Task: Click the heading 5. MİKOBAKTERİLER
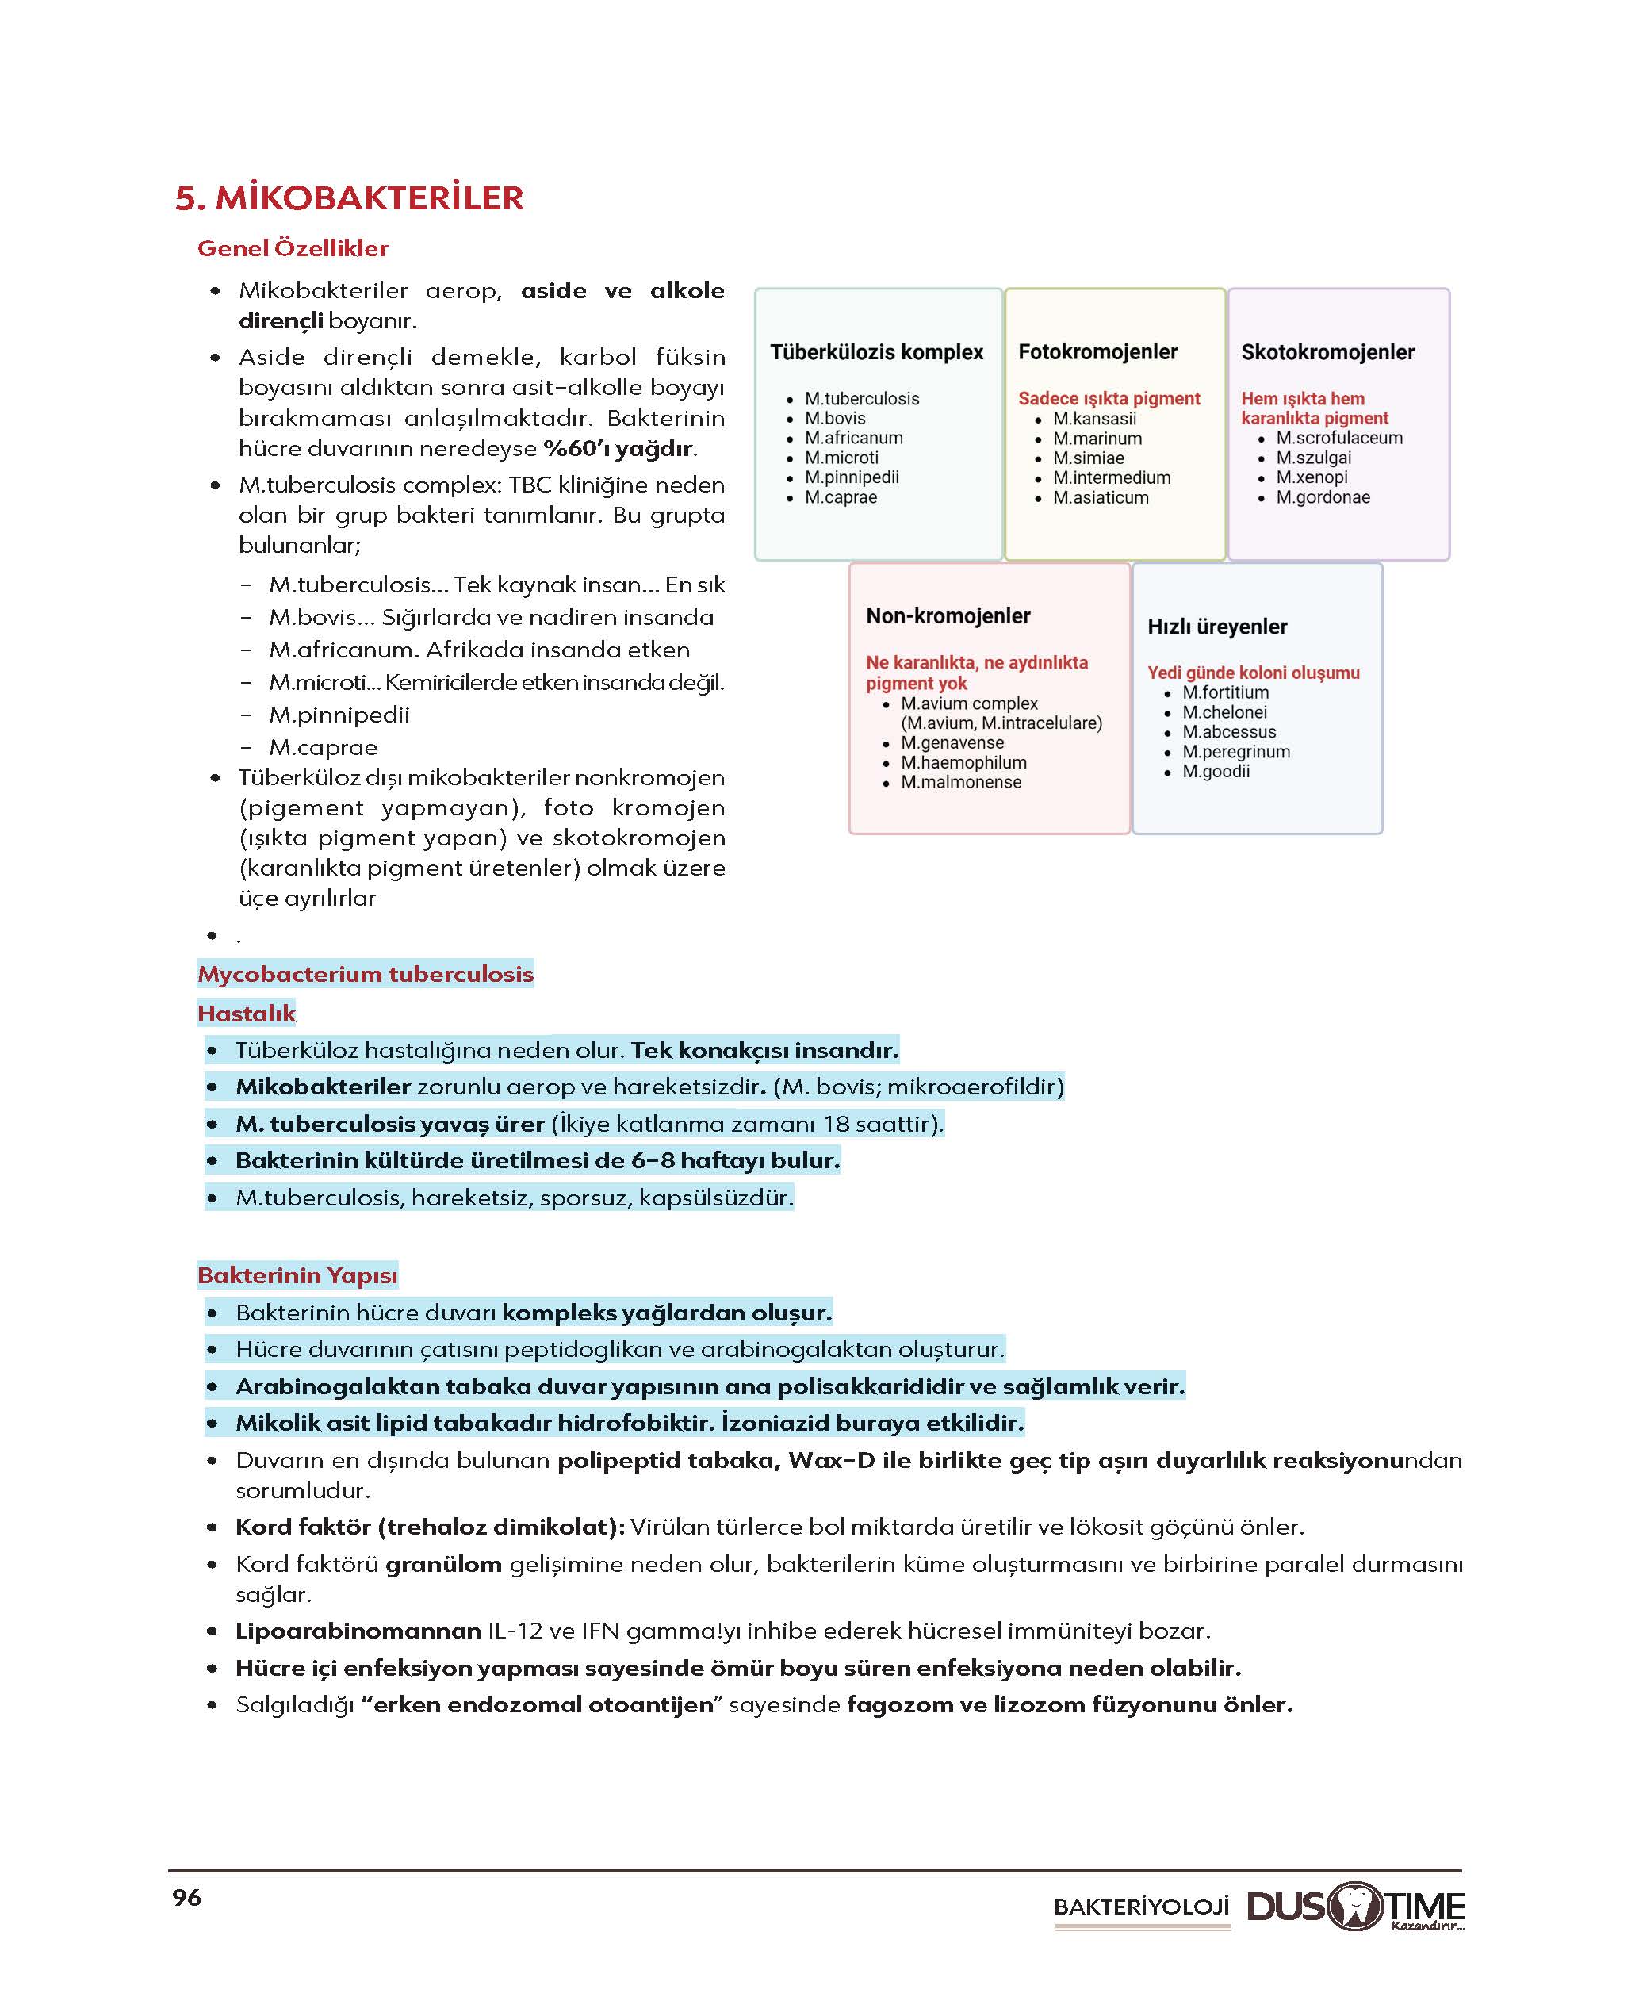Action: (350, 198)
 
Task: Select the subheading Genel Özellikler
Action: (293, 248)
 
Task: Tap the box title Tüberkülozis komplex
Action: (876, 352)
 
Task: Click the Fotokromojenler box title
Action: (1097, 352)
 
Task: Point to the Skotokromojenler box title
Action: (1327, 352)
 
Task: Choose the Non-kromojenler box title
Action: (948, 615)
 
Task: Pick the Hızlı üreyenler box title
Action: (1217, 627)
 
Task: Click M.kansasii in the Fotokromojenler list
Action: (1094, 418)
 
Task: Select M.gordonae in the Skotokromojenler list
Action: (1323, 497)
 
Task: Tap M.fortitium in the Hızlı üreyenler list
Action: (1225, 692)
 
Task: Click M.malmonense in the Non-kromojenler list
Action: (960, 782)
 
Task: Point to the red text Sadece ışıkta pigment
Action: (1109, 398)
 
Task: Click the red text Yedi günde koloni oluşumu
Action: (1253, 673)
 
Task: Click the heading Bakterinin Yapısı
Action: (297, 1274)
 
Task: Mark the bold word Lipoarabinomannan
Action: (358, 1631)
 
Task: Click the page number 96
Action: (187, 1898)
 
